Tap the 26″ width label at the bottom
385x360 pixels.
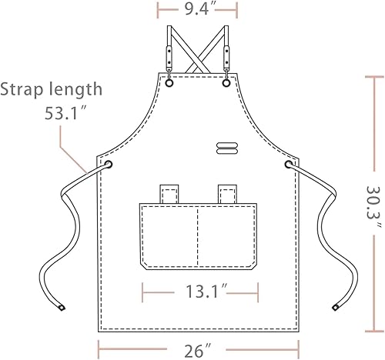(x=197, y=351)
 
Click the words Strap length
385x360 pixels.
(x=52, y=88)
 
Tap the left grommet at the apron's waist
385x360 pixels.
(x=107, y=165)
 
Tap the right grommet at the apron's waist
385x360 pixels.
(x=290, y=165)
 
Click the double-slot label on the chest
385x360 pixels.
(x=228, y=148)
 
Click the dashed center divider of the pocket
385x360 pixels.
(x=198, y=231)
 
